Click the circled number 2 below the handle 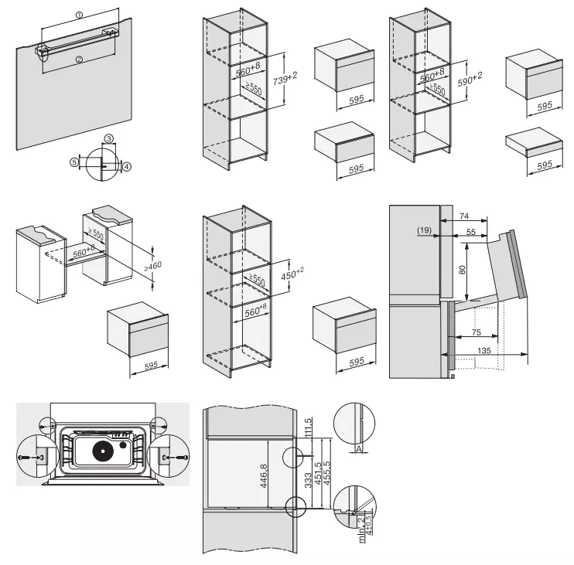pos(79,59)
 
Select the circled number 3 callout pos(108,138)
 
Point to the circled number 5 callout pos(74,162)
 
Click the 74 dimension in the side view pos(463,216)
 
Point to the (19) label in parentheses pos(422,231)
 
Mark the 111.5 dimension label pos(309,427)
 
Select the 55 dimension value pos(470,231)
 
